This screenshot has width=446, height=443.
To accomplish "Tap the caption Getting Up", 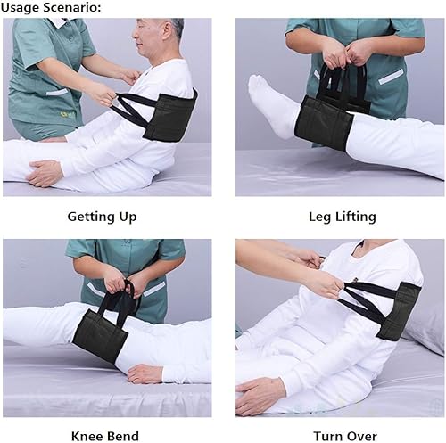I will (102, 217).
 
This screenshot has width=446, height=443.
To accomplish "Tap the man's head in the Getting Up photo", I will (161, 40).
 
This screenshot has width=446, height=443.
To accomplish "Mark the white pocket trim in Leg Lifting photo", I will (390, 77).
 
